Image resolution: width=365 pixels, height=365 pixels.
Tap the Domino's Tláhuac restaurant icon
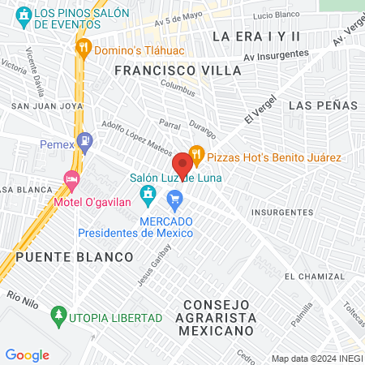coord(83,48)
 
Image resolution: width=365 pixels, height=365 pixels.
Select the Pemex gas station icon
coord(84,145)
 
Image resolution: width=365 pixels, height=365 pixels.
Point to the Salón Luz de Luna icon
coord(147,194)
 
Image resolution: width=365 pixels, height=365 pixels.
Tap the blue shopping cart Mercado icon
coord(174,199)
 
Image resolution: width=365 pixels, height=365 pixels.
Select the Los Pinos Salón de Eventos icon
coord(24,15)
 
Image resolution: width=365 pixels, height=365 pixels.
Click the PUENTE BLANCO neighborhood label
coord(74,257)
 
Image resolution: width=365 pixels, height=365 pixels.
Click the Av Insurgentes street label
coord(277,54)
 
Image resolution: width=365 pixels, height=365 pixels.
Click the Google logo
coord(27,354)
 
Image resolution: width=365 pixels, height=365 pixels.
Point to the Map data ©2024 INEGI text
coord(316,359)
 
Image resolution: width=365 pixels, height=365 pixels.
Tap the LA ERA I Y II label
coord(255,36)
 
